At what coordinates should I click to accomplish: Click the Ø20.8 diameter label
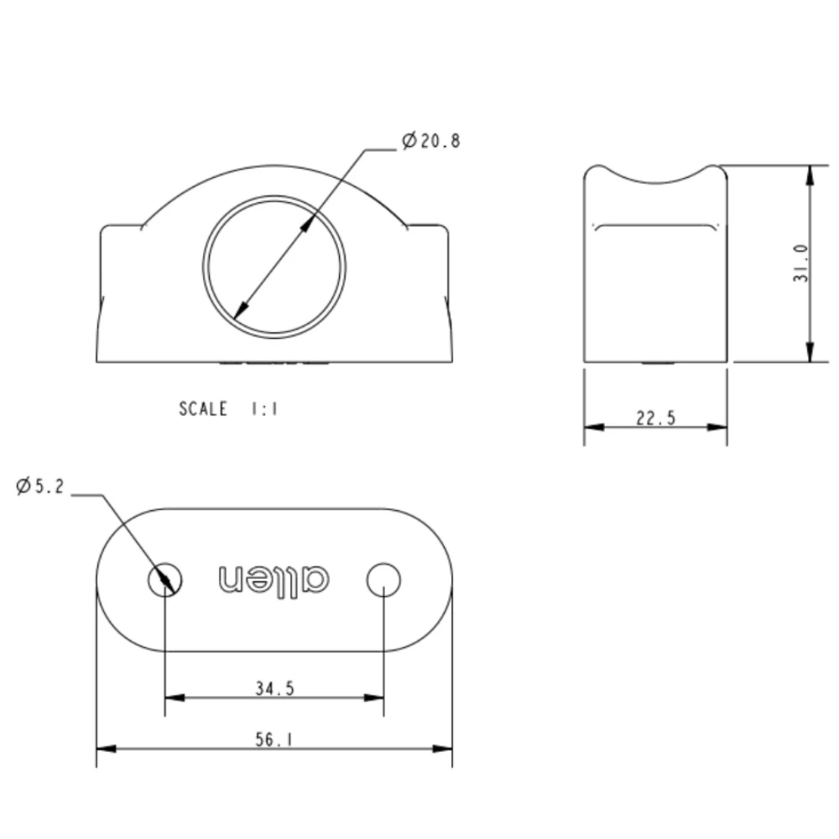431,141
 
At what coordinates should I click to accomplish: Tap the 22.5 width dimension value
655,417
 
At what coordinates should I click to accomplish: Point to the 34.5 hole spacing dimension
274,688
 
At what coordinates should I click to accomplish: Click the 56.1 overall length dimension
274,739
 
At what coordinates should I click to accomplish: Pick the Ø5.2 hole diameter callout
39,486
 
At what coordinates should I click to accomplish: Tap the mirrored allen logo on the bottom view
274,578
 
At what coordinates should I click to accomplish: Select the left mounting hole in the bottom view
165,579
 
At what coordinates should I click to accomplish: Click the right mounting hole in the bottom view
383,579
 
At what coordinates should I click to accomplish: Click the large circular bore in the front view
274,267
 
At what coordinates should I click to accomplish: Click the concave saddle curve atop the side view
655,181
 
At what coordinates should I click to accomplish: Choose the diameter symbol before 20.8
409,141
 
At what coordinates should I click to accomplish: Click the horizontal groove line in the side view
655,224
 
